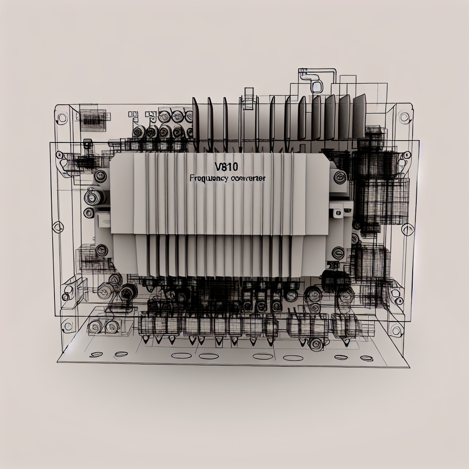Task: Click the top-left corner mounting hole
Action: (x=62, y=118)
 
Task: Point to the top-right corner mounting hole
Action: (x=404, y=117)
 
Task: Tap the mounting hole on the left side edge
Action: (x=58, y=226)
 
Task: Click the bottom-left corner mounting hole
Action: (x=68, y=326)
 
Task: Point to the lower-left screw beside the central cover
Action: (x=101, y=250)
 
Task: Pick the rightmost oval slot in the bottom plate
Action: (x=366, y=358)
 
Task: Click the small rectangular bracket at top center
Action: (x=248, y=98)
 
